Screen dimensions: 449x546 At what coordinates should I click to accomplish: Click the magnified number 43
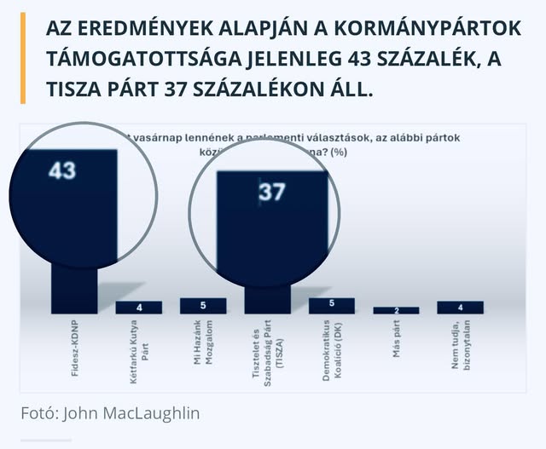coord(62,170)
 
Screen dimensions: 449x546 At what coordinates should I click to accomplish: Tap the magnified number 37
coord(271,193)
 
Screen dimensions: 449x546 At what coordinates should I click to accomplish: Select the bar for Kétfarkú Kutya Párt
coord(139,308)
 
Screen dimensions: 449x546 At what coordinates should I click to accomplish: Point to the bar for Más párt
coord(396,310)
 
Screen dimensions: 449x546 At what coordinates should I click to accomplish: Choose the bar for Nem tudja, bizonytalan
coord(460,308)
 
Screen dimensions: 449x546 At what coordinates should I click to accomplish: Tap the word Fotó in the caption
coord(39,413)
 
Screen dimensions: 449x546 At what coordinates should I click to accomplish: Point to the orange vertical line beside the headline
coord(23,59)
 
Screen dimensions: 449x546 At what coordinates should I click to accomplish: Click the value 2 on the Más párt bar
coord(396,310)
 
